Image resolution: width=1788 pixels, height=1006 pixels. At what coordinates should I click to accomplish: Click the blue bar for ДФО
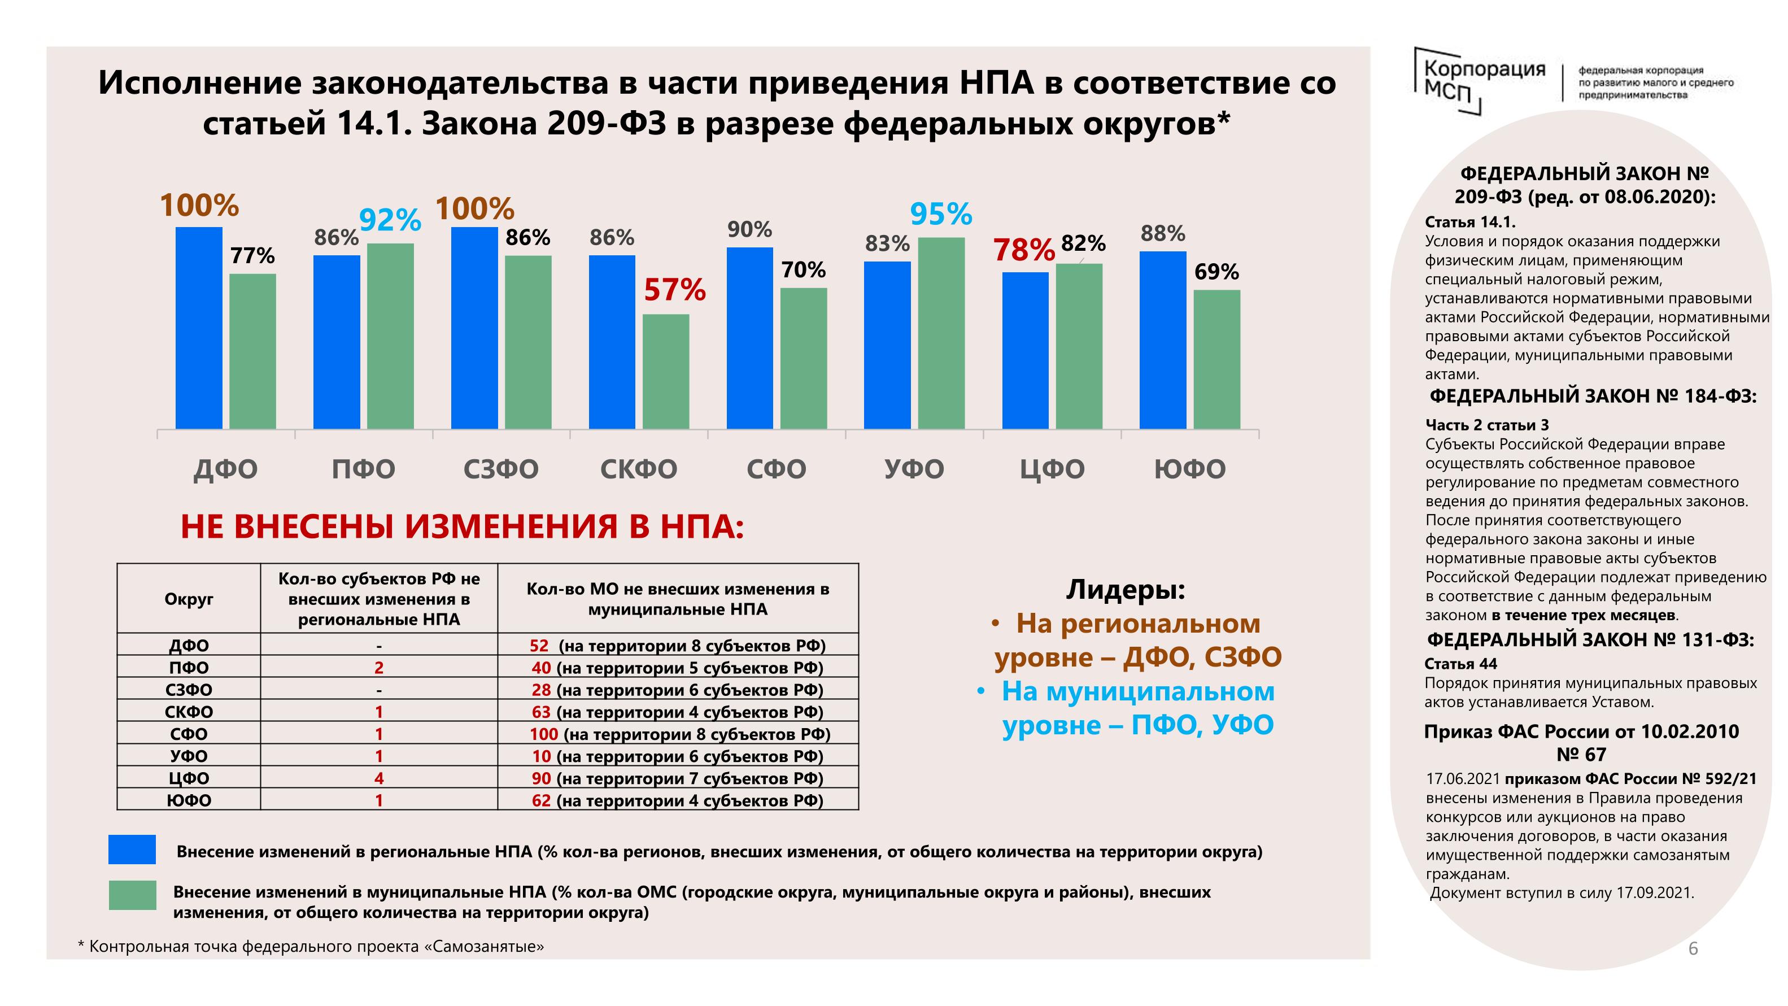click(x=199, y=328)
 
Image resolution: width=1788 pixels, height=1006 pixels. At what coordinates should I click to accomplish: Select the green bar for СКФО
click(x=666, y=372)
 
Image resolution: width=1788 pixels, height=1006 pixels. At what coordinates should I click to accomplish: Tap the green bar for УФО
click(x=941, y=333)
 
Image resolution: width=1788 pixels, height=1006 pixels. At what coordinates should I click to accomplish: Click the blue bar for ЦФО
click(x=1025, y=351)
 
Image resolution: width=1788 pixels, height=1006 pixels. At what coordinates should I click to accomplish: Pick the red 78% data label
click(x=1024, y=250)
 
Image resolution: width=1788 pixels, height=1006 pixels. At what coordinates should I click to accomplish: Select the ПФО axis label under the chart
click(x=363, y=469)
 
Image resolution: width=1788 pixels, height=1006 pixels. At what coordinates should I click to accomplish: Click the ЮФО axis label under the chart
click(x=1190, y=469)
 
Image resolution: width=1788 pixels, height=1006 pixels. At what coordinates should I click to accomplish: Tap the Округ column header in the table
click(x=189, y=599)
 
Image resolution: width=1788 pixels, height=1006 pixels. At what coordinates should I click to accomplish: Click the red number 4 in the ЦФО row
click(x=379, y=778)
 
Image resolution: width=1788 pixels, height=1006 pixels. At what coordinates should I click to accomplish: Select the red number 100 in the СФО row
click(x=543, y=734)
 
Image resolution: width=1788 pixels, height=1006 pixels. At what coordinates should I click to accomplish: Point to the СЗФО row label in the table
click(x=189, y=690)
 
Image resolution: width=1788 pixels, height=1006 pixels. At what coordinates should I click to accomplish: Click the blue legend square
click(x=132, y=849)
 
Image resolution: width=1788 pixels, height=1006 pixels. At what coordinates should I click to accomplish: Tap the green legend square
click(x=133, y=895)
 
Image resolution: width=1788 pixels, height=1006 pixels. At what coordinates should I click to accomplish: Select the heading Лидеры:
click(x=1125, y=590)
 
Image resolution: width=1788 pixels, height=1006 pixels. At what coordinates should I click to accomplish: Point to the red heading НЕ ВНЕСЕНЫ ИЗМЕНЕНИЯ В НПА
click(x=463, y=526)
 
